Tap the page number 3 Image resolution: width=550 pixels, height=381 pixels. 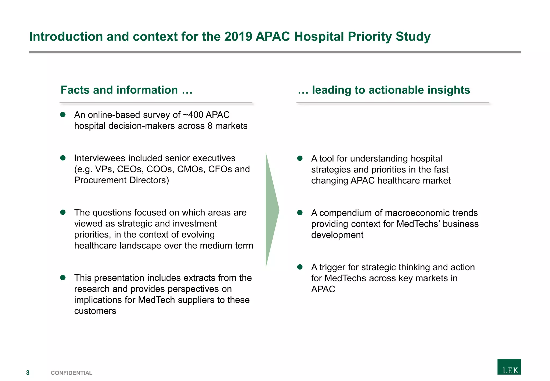click(28, 373)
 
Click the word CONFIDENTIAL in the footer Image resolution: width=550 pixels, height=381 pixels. click(71, 373)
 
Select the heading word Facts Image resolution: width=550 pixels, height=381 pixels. click(75, 90)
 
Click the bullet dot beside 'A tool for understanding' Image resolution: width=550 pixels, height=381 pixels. click(300, 159)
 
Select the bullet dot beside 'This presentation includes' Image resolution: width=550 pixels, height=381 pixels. click(63, 278)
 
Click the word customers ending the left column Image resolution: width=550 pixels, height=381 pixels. click(95, 311)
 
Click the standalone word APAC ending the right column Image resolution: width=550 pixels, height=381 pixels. click(323, 289)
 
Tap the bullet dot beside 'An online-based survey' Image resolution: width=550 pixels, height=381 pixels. click(63, 115)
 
